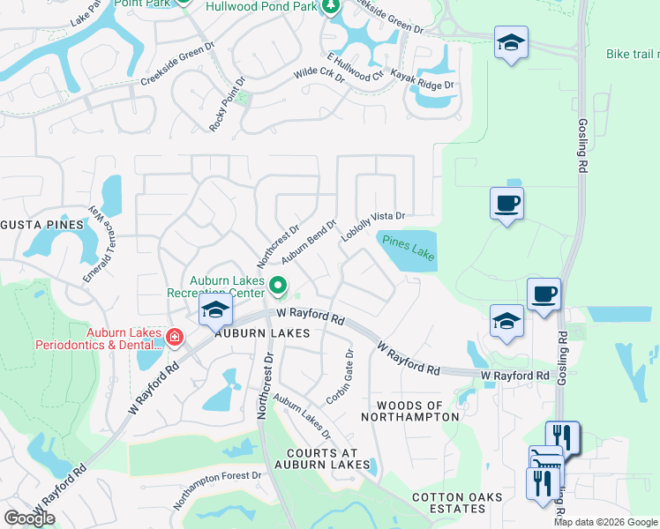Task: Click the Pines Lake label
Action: click(409, 247)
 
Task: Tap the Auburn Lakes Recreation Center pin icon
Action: click(278, 284)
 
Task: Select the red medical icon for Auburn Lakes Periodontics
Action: click(174, 336)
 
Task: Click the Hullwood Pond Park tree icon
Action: click(331, 7)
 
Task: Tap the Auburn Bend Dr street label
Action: click(310, 242)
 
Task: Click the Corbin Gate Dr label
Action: click(340, 374)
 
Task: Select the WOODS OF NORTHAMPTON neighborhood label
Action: click(411, 410)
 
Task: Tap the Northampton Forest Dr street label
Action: click(218, 490)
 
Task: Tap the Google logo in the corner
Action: click(30, 518)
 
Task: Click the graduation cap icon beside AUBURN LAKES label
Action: click(214, 310)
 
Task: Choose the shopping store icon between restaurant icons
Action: click(544, 459)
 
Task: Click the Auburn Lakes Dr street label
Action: click(301, 416)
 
